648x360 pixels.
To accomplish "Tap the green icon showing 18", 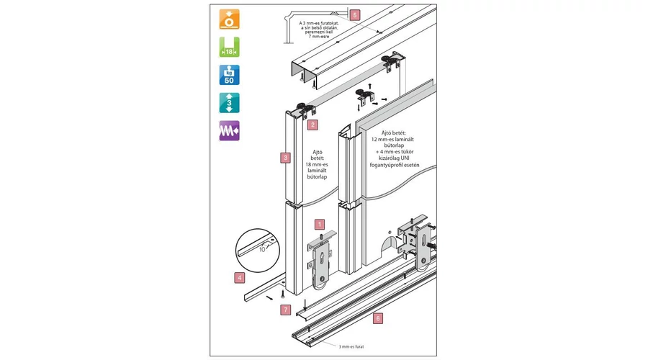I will tap(229, 47).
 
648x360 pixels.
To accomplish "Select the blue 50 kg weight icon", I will tap(229, 76).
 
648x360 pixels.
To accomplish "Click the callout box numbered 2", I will tap(312, 125).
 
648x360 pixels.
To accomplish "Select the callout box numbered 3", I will tap(286, 156).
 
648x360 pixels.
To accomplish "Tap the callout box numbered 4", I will tap(240, 276).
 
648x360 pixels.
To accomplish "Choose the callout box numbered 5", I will tap(354, 14).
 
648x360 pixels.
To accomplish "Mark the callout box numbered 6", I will tap(378, 317).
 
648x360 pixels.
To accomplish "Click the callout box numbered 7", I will tap(286, 310).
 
